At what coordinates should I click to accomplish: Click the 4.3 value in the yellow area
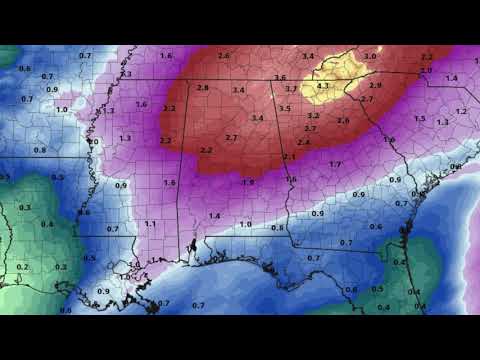point(322,86)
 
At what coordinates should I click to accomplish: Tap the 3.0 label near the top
point(370,57)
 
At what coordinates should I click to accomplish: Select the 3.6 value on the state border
point(280,78)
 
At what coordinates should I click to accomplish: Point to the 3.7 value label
point(291,90)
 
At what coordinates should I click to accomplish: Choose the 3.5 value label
point(285,108)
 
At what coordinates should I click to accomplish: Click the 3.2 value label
point(313,116)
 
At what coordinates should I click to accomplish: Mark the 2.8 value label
point(203,88)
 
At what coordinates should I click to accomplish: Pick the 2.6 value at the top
point(223,55)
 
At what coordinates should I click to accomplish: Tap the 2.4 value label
point(303,142)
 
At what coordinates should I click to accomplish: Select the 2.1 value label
point(289,157)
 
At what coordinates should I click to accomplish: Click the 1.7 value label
point(335,164)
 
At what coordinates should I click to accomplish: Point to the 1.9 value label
point(247,182)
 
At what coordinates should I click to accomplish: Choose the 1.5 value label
point(419,119)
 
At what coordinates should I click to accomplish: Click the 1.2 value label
point(460,111)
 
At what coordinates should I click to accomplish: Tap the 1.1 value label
point(149,223)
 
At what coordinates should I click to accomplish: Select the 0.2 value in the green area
point(22,267)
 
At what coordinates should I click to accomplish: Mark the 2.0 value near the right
point(426,70)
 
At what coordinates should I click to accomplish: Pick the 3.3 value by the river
point(126,74)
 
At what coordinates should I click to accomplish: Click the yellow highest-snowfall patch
point(335,80)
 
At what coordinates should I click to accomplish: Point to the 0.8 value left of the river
point(40,150)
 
